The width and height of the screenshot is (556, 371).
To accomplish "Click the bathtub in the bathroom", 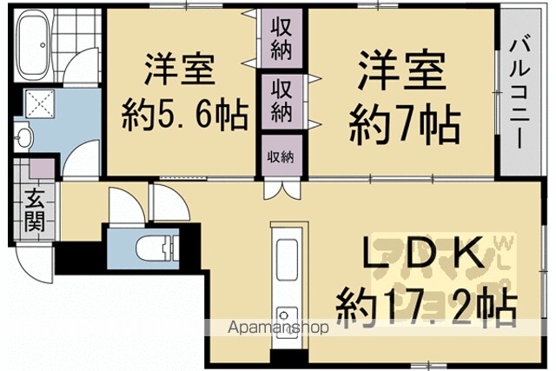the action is [x=34, y=45].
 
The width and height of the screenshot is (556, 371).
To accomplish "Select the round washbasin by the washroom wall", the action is [x=23, y=137].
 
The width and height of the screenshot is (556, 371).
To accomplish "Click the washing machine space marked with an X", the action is [x=40, y=103].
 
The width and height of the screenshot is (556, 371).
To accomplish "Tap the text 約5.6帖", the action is [x=185, y=116].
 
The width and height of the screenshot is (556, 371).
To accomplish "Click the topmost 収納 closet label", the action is [x=281, y=39].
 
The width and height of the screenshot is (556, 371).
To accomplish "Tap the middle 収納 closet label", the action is [x=281, y=101].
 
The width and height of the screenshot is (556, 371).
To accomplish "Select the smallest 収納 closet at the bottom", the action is [x=281, y=156].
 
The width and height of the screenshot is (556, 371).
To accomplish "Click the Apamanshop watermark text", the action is [x=278, y=328].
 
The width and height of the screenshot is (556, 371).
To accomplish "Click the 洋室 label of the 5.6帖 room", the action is [x=180, y=70].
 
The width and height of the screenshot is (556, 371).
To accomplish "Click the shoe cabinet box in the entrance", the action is [x=42, y=169].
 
